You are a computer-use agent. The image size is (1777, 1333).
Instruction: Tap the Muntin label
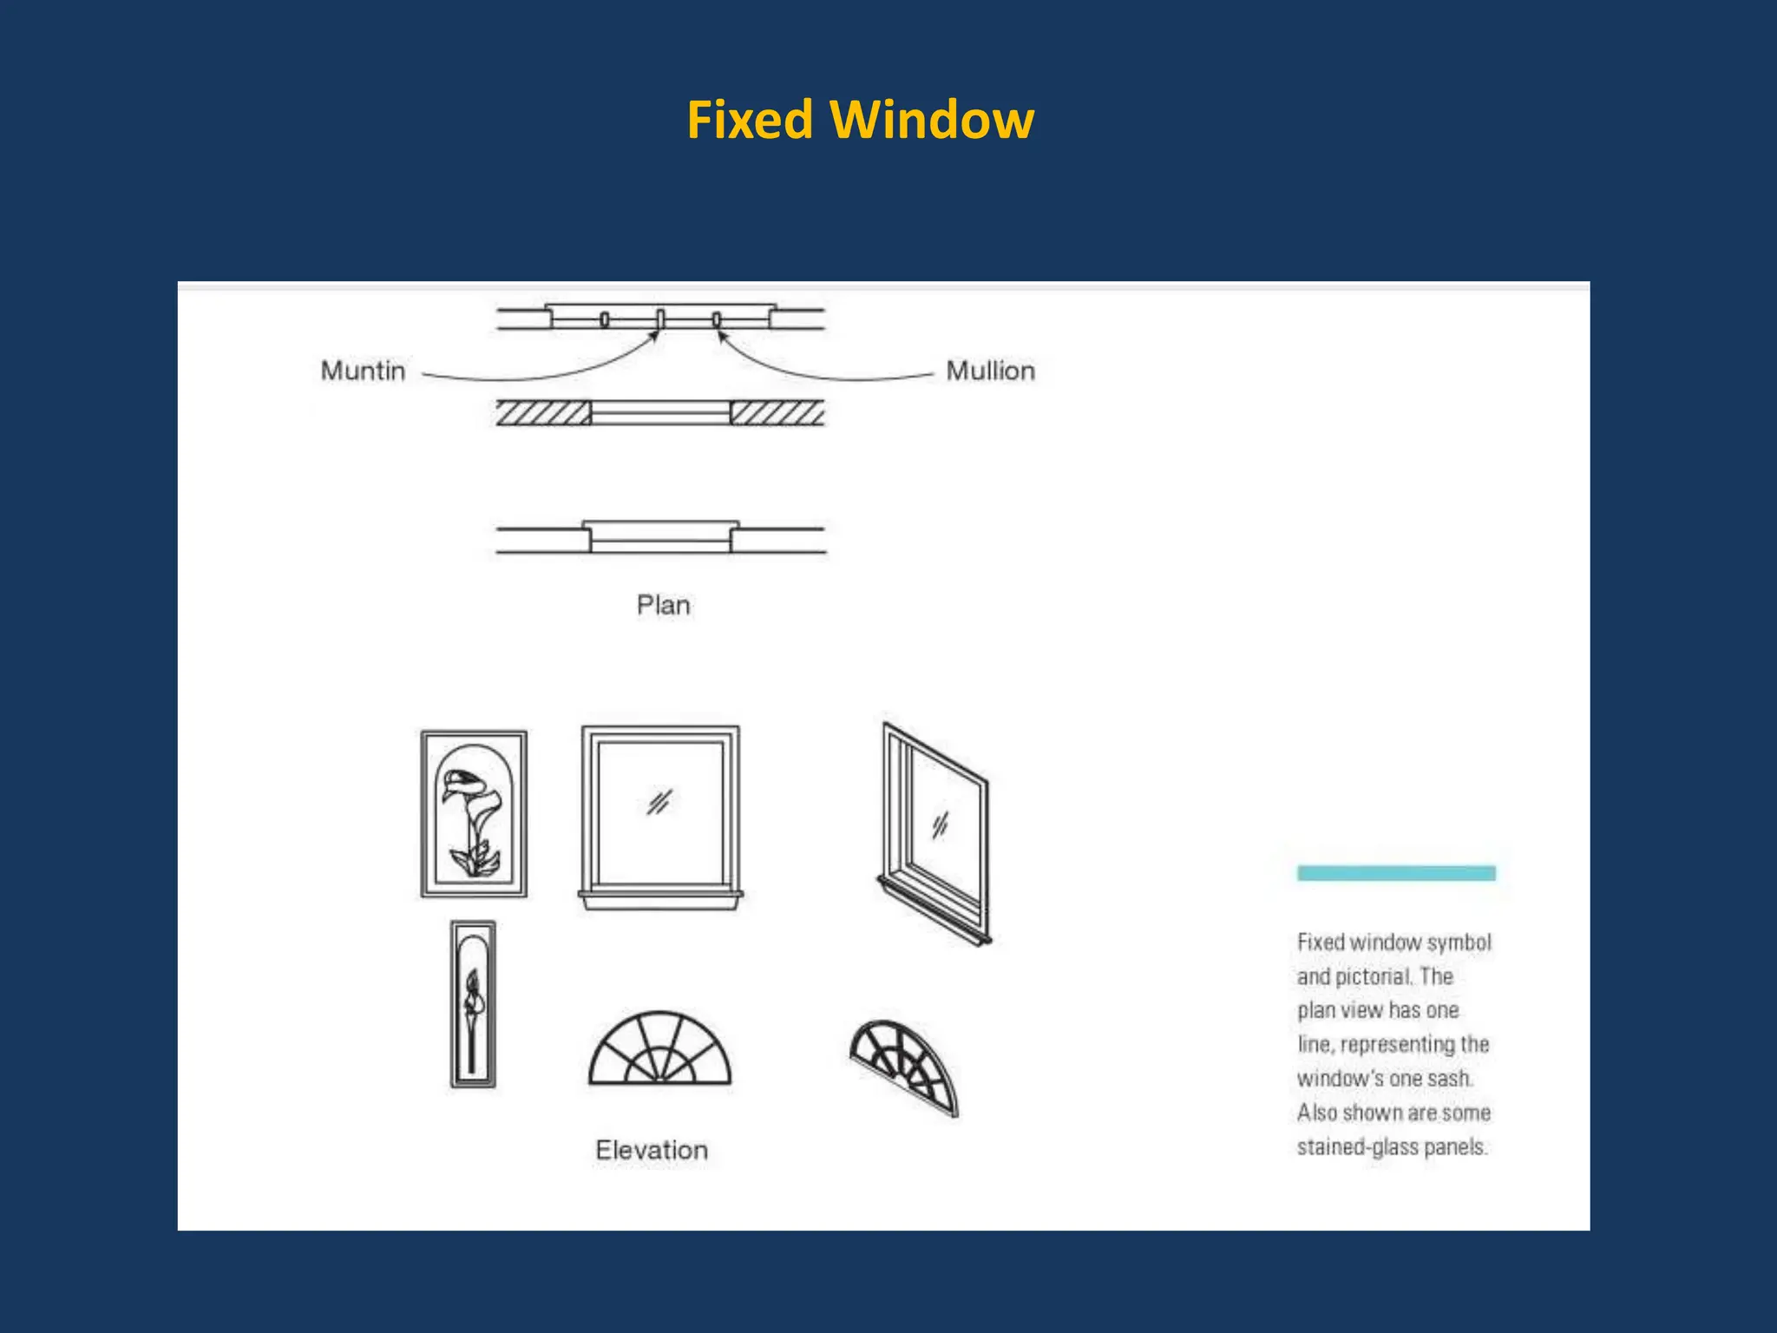[363, 371]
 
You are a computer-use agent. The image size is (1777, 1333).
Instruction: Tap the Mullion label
[990, 371]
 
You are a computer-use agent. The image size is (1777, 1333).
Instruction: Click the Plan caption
[663, 605]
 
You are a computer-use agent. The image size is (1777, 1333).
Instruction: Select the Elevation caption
[652, 1150]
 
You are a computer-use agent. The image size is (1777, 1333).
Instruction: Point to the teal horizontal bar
[1395, 873]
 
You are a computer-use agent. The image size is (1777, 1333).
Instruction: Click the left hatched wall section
[543, 413]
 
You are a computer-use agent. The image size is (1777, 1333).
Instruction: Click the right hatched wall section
[777, 413]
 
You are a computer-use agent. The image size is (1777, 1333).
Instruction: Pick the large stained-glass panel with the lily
[474, 813]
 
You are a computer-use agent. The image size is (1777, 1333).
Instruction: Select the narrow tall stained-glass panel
[473, 1004]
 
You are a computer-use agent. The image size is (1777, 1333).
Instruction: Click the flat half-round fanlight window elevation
[660, 1050]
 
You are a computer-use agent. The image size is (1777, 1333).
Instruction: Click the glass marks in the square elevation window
[659, 802]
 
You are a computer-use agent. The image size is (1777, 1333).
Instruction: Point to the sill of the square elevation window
[660, 899]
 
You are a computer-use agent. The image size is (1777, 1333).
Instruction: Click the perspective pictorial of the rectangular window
[935, 833]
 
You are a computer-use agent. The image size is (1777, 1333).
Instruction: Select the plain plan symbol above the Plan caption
[660, 538]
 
